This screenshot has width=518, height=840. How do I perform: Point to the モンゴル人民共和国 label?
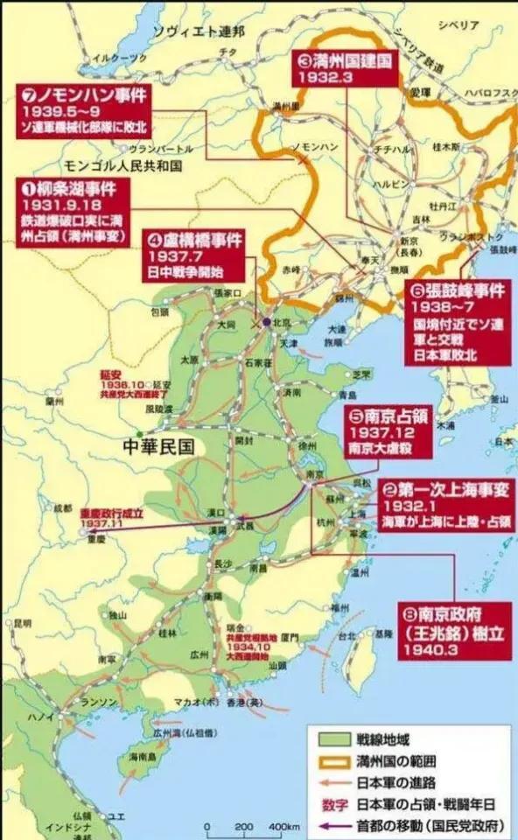[120, 165]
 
